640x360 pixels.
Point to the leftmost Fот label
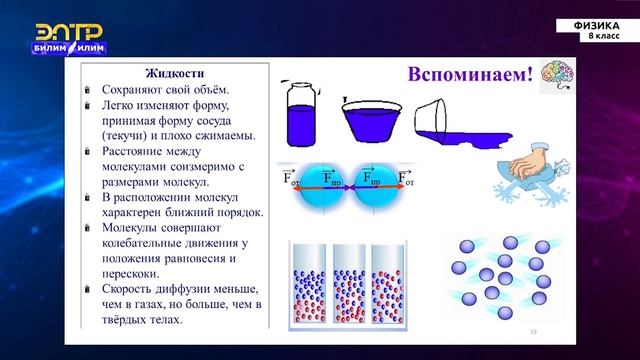[291, 179]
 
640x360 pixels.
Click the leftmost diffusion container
[307, 285]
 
